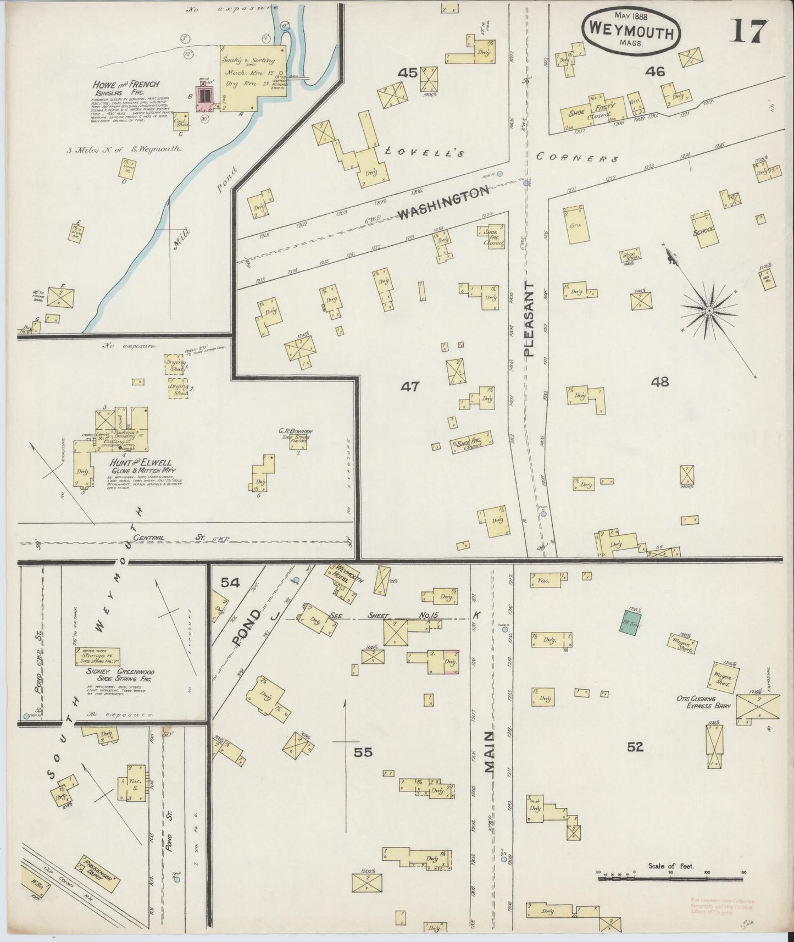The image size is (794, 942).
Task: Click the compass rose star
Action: [x=709, y=311]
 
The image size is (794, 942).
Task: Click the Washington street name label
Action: [x=443, y=202]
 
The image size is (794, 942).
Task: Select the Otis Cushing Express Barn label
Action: [x=703, y=702]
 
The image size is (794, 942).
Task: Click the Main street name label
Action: [x=491, y=751]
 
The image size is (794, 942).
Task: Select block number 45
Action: [x=408, y=73]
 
